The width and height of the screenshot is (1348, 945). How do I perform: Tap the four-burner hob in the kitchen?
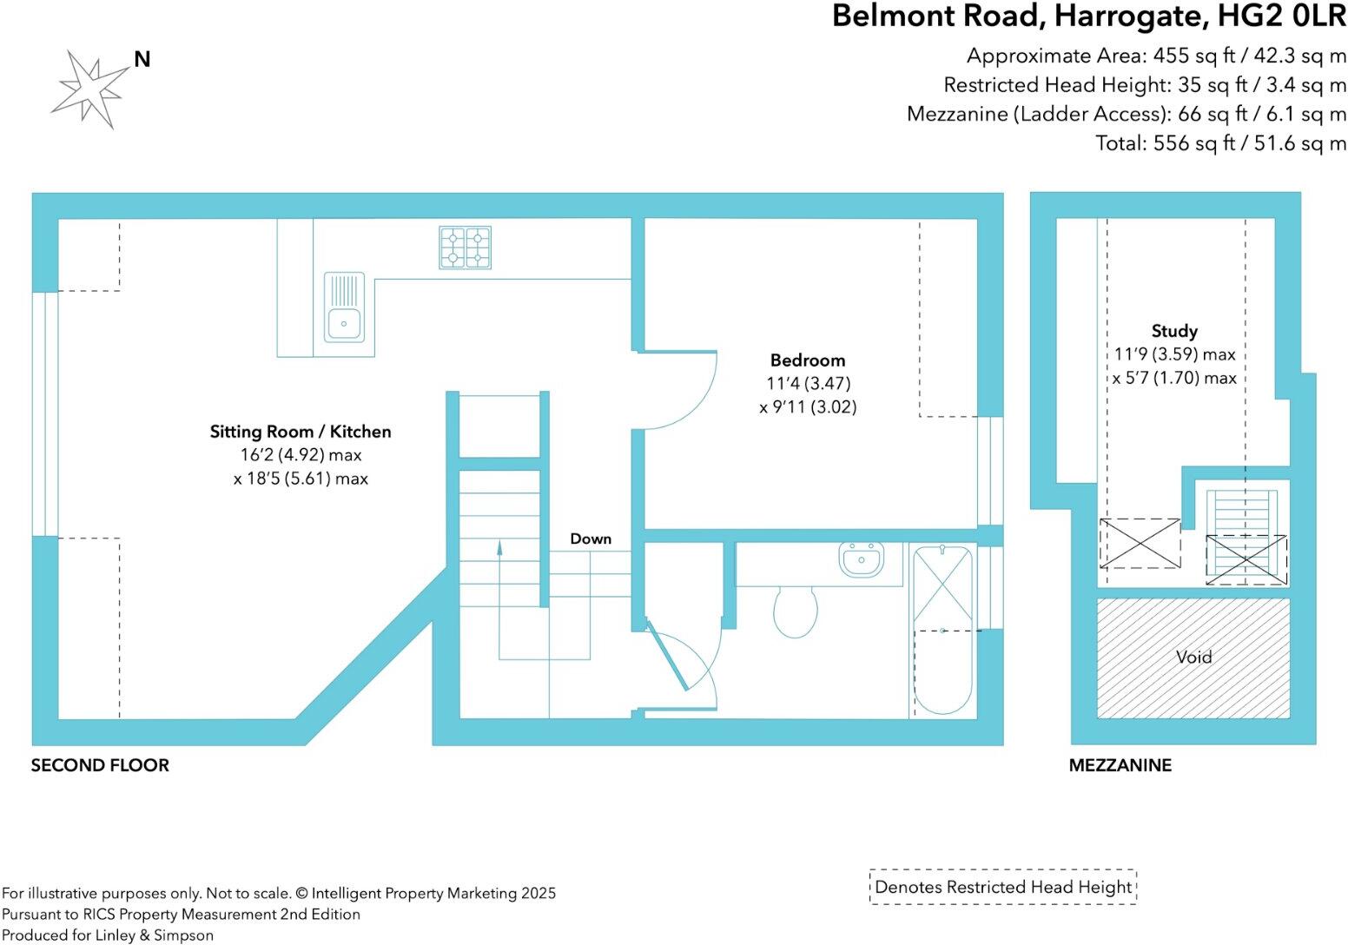pos(465,247)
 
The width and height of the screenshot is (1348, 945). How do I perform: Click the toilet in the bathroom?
pos(795,611)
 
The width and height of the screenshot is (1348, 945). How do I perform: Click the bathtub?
pos(942,630)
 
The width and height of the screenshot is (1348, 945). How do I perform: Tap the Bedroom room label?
pos(807,360)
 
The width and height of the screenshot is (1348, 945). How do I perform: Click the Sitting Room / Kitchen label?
pos(301,432)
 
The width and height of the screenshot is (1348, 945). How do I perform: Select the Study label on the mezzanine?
pos(1174,331)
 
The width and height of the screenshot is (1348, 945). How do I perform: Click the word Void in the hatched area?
pos(1193,658)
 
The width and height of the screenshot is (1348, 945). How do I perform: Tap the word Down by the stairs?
pos(591,539)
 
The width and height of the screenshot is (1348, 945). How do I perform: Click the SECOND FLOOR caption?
pos(100,765)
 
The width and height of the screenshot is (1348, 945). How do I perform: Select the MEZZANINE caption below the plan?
pos(1120,765)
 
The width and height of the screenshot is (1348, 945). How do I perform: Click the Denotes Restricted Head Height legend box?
pos(1003,887)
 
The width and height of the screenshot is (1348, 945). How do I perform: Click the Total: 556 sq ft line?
pos(1220,143)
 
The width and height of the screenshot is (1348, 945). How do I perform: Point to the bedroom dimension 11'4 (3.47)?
pos(808,383)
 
